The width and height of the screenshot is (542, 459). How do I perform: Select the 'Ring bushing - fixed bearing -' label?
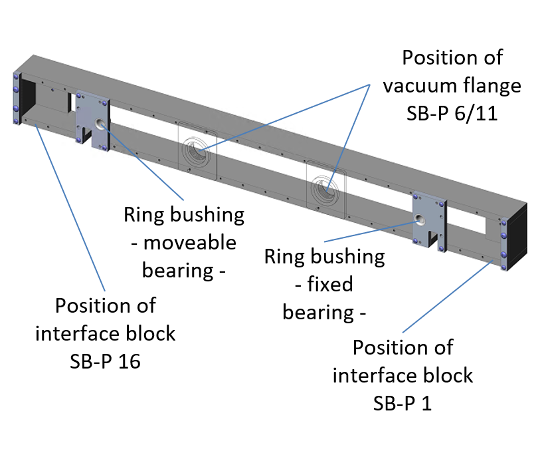pyautogui.click(x=324, y=284)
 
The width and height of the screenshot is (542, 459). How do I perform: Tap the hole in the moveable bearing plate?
pyautogui.click(x=100, y=122)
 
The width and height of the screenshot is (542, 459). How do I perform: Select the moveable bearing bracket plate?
pyautogui.click(x=92, y=118)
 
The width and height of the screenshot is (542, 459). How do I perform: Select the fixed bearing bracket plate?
pyautogui.click(x=429, y=220)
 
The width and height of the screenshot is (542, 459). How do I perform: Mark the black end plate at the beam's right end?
pyautogui.click(x=516, y=233)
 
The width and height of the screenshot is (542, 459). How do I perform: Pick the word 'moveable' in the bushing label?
pyautogui.click(x=189, y=242)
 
